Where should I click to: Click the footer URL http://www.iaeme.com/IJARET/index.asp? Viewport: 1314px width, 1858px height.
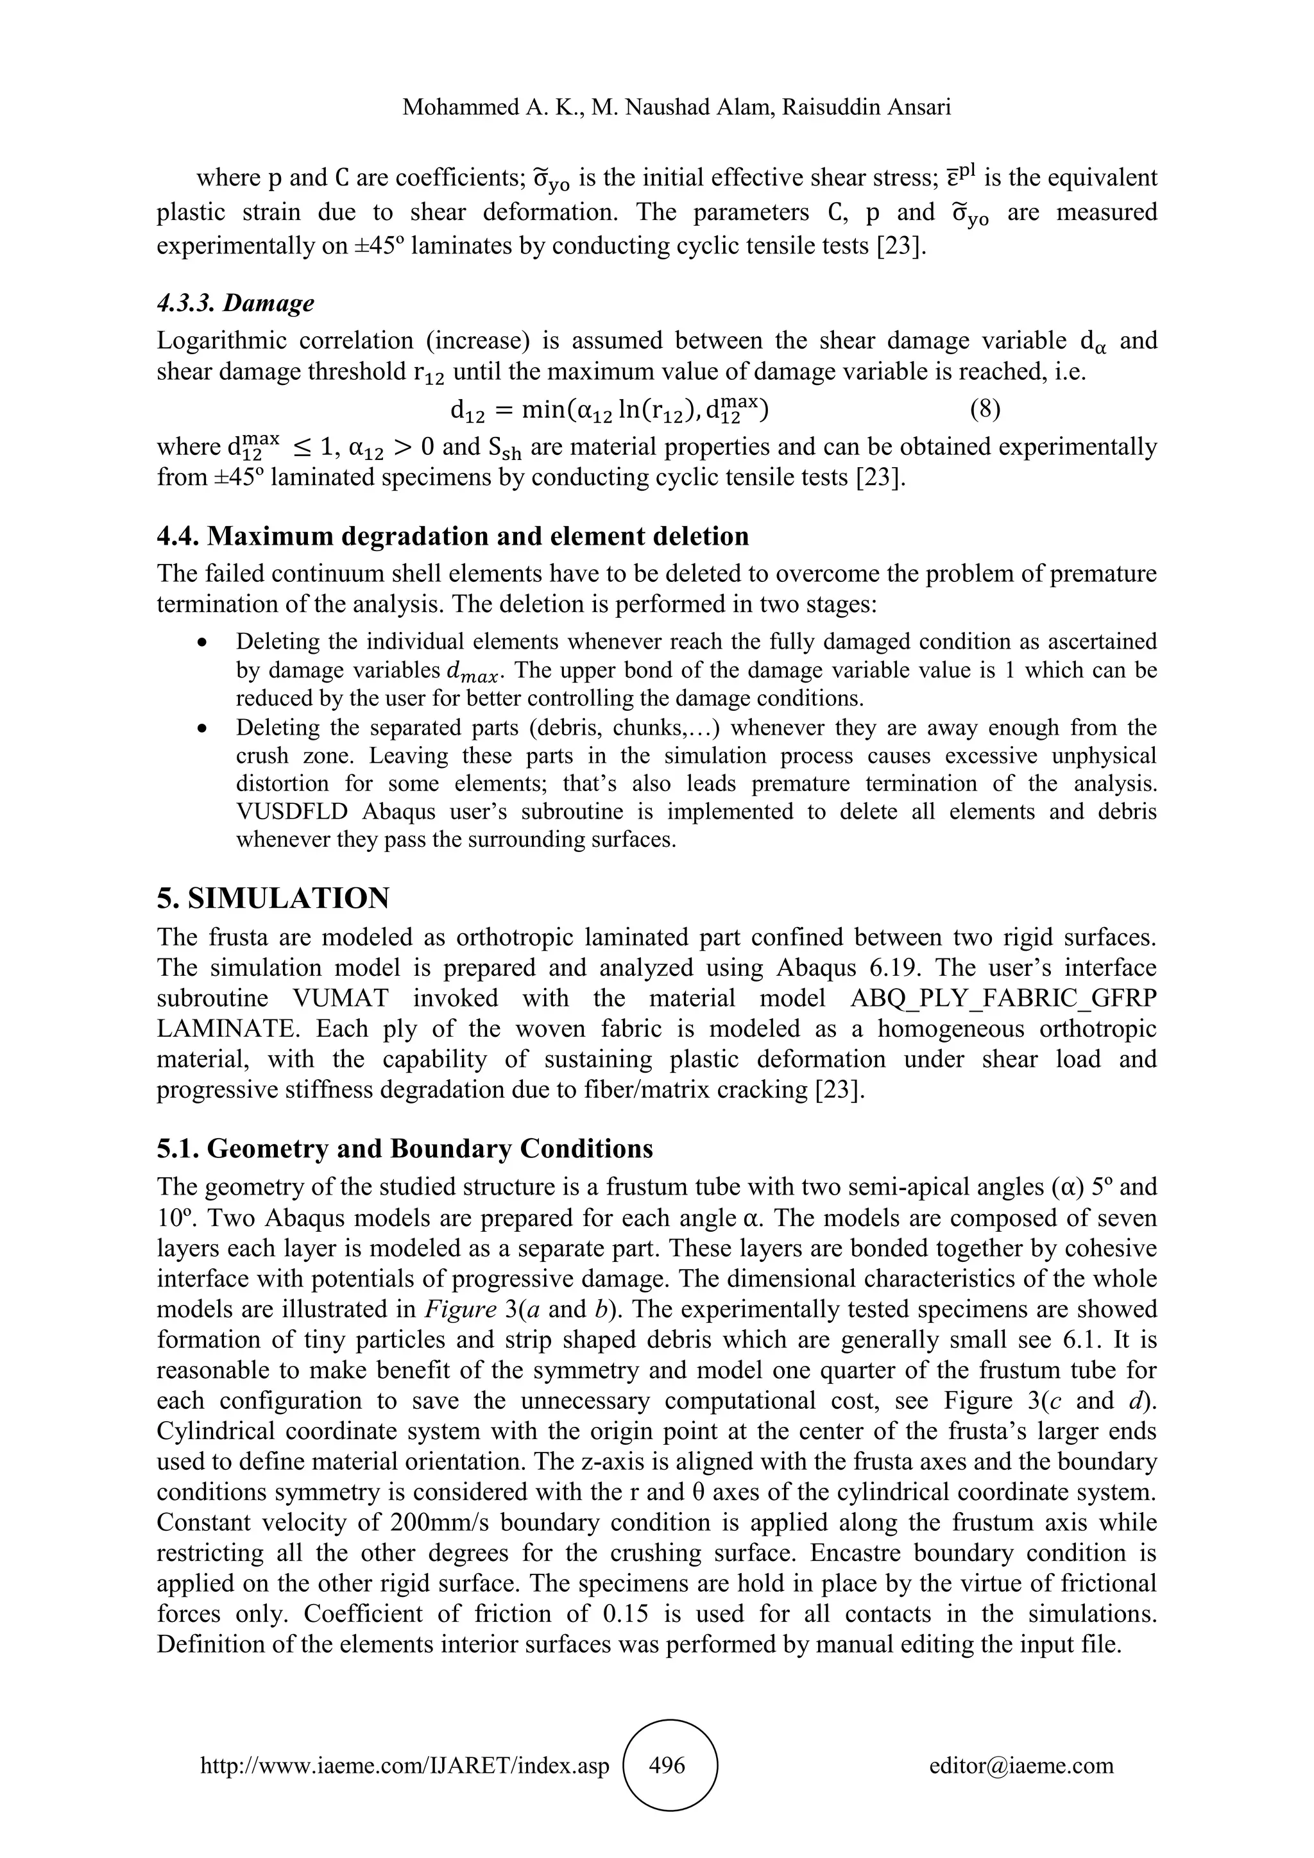point(405,1766)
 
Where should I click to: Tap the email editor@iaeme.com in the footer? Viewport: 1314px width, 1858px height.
point(1021,1765)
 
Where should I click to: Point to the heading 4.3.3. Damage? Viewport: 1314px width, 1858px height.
point(235,303)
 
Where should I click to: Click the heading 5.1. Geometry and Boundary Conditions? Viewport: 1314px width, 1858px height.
point(405,1148)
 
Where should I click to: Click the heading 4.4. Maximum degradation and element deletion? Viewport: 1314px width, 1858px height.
point(452,536)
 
